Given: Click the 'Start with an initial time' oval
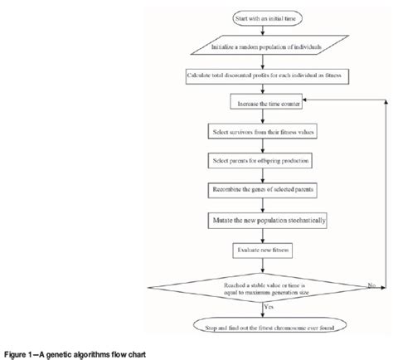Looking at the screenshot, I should coord(263,18).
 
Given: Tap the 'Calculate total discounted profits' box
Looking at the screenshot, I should coord(263,76).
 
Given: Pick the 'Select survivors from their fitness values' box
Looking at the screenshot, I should coord(264,132).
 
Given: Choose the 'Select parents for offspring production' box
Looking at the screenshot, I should coord(264,160).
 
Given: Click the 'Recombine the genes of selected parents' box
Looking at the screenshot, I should coord(264,190).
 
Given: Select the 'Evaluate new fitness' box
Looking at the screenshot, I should coord(264,248).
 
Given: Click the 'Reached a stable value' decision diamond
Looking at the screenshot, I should coord(264,285).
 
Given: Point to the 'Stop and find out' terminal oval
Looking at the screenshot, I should coord(264,324).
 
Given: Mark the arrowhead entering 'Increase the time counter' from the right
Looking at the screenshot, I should coord(302,103).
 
